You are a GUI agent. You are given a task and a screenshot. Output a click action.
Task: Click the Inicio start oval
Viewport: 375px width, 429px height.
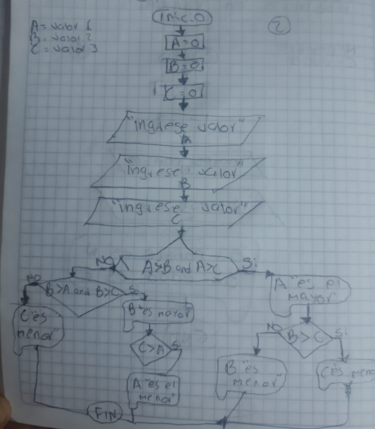[182, 18]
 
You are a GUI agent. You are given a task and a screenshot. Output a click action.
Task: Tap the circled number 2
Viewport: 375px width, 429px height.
[280, 27]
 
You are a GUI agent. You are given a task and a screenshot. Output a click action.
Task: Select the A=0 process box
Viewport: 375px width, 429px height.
[184, 43]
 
